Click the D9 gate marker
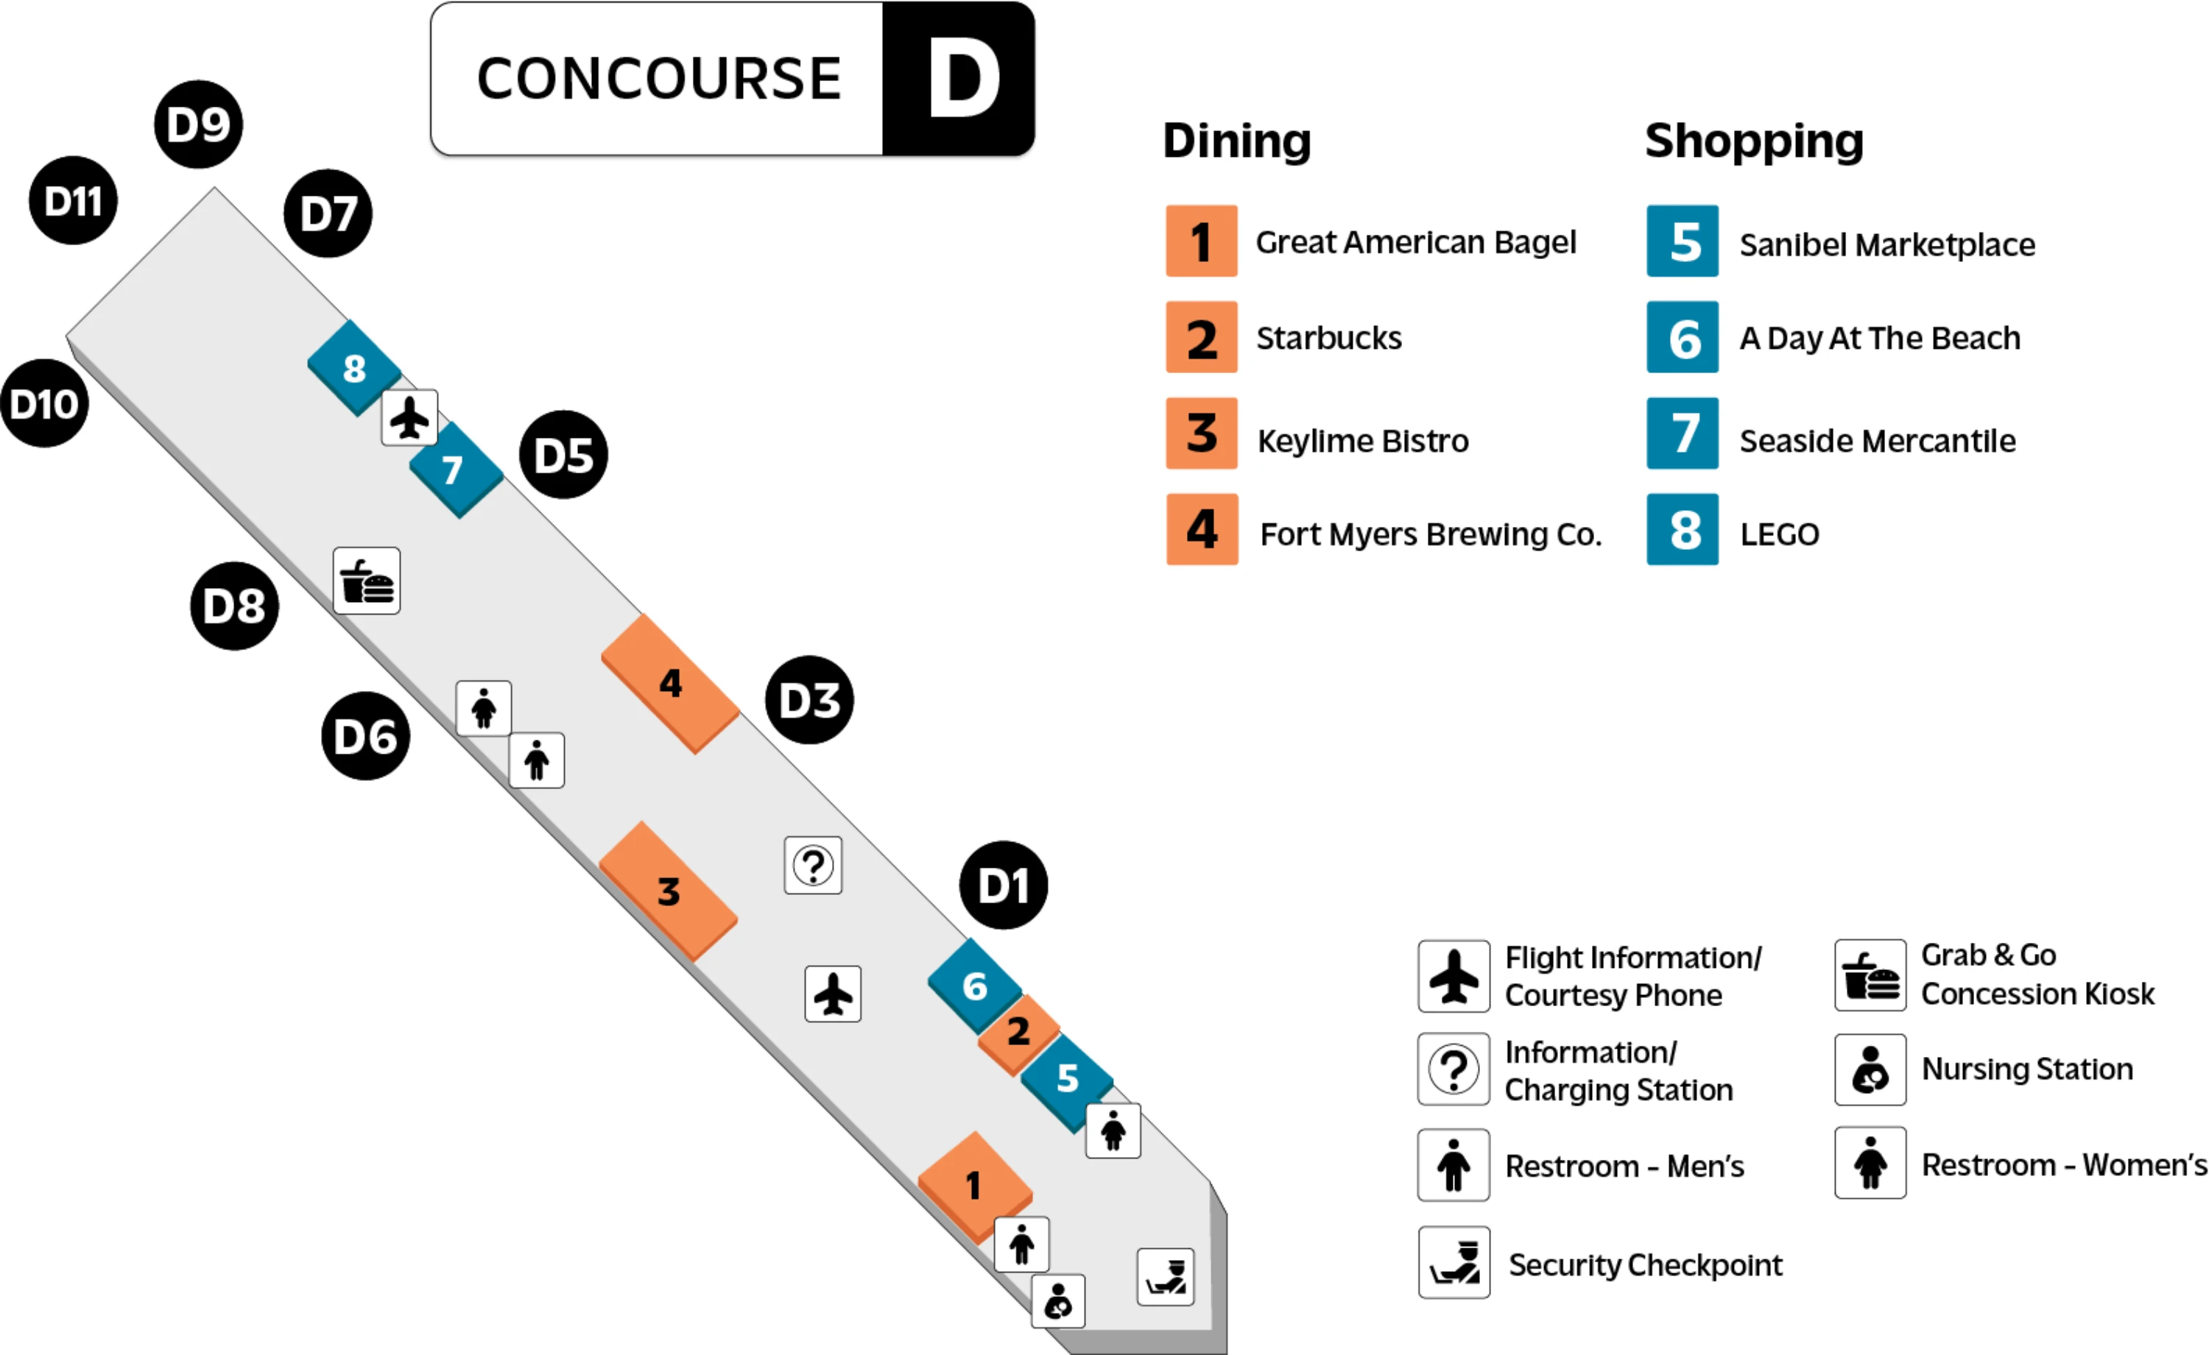[198, 124]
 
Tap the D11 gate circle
[74, 201]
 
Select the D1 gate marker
[1003, 885]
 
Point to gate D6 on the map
[365, 737]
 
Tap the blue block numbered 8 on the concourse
[354, 368]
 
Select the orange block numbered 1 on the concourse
[974, 1186]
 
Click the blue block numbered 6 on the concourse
[974, 986]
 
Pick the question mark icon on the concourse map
[813, 866]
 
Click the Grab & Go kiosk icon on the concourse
[367, 581]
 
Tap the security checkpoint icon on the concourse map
[1166, 1277]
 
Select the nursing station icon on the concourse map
[1058, 1301]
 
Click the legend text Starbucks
[1328, 338]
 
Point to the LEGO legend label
[1780, 534]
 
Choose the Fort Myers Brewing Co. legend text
[1431, 534]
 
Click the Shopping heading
[1753, 141]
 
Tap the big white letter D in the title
[963, 79]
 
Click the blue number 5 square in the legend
[1683, 242]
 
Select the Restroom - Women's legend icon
[1870, 1163]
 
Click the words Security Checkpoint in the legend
[1645, 1264]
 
